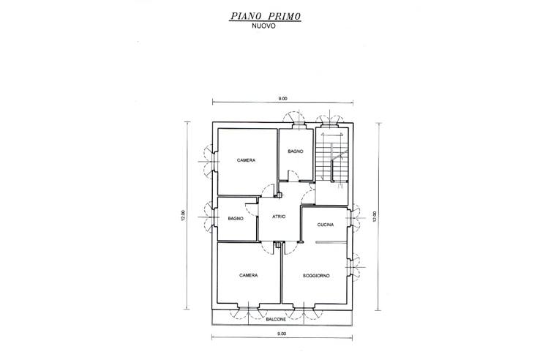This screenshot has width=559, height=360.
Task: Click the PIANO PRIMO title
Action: [266, 16]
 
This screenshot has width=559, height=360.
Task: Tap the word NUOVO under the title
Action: [264, 26]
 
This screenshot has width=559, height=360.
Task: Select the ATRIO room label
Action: [279, 217]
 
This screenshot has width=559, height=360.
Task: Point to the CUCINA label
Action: [326, 225]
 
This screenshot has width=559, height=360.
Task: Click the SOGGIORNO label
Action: [316, 276]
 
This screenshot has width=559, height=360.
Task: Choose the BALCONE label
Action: [276, 319]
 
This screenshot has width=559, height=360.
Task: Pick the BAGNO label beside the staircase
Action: [296, 151]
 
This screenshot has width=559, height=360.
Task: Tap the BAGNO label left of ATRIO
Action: [236, 219]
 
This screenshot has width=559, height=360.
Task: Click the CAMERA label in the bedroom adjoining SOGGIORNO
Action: [249, 275]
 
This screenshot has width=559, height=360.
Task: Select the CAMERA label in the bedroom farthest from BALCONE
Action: [246, 160]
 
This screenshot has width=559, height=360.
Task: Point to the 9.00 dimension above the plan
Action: [282, 98]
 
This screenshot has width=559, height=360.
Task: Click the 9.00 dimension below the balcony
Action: [282, 334]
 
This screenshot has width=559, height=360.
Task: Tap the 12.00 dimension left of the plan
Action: [183, 217]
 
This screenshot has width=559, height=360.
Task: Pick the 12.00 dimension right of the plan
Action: [375, 217]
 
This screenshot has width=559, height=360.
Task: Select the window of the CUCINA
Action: [353, 218]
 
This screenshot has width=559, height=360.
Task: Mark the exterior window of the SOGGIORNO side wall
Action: [353, 267]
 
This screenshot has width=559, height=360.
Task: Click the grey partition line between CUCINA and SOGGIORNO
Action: [331, 243]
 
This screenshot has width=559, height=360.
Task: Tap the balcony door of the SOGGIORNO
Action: [304, 311]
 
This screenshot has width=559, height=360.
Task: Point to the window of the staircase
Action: [330, 121]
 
